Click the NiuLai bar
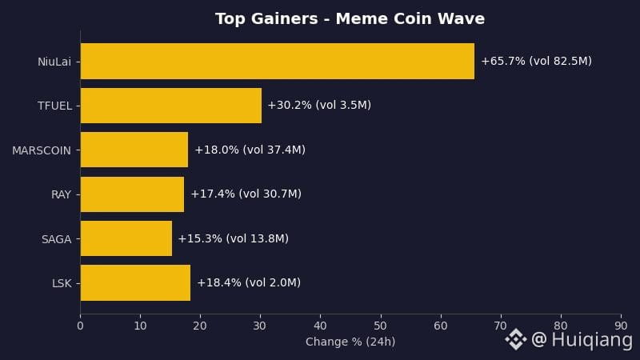278,62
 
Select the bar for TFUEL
171,106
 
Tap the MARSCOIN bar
134,150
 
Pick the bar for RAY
132,194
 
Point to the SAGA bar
126,238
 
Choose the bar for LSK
135,283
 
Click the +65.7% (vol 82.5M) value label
536,62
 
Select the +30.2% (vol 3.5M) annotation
319,106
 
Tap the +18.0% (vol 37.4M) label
250,150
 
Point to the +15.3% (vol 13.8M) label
234,238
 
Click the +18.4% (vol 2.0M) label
249,283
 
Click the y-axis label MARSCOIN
42,150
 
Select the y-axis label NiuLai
54,62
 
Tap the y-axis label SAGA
56,239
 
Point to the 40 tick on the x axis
321,326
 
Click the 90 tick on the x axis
621,326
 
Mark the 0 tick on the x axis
81,326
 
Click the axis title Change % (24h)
350,342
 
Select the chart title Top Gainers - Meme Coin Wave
350,18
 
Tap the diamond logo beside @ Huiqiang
516,339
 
